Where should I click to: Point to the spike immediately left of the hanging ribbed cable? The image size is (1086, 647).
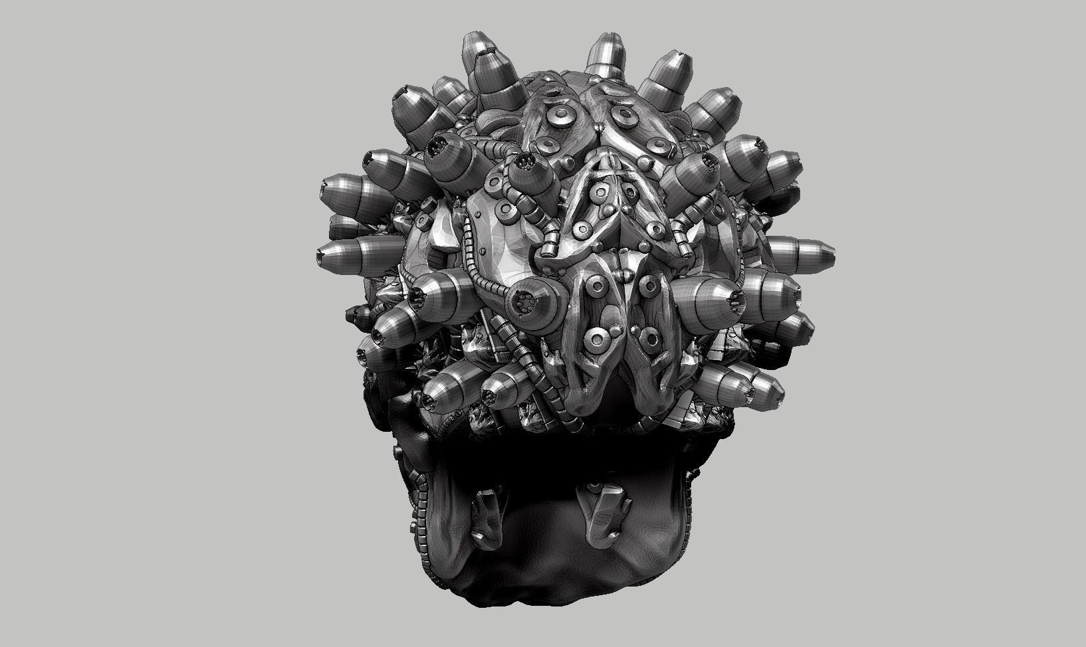tap(504, 392)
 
